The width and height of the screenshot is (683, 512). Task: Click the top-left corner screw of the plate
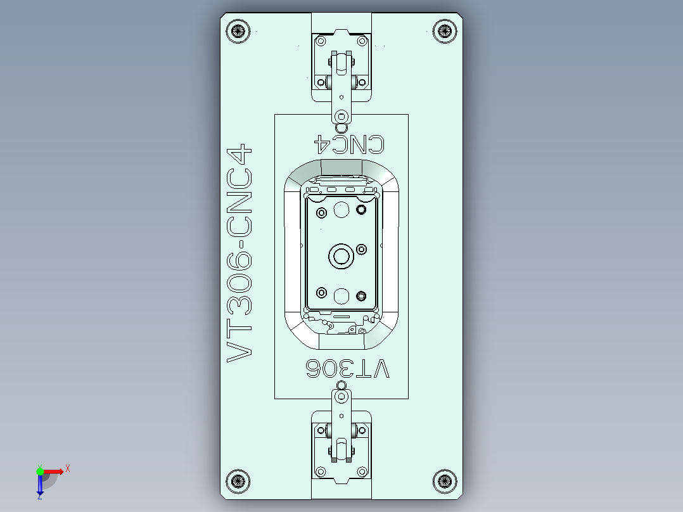[238, 30]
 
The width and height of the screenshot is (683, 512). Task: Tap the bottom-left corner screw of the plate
[238, 480]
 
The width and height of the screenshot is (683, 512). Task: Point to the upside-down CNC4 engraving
[350, 144]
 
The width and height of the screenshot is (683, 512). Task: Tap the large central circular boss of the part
[341, 257]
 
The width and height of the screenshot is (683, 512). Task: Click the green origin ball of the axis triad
[40, 471]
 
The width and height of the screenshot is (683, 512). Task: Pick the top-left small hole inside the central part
[321, 212]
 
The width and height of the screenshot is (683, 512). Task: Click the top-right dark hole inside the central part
[362, 210]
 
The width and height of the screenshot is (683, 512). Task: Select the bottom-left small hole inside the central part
[321, 293]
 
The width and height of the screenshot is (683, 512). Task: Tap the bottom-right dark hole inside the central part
[362, 295]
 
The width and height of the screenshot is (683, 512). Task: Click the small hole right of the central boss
[362, 249]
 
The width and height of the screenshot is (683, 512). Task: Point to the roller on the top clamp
[341, 63]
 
